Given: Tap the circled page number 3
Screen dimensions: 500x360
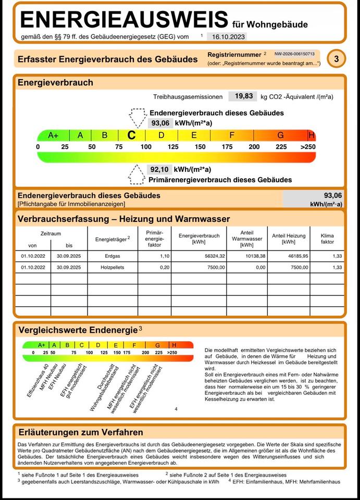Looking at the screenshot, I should pyautogui.click(x=337, y=59).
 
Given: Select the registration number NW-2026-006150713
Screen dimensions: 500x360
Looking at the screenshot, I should pyautogui.click(x=295, y=54).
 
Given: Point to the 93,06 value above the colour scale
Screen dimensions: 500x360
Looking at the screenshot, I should pyautogui.click(x=160, y=123).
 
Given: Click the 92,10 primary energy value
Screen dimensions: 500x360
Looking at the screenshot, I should pyautogui.click(x=160, y=169).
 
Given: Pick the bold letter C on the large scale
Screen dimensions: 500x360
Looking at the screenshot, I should pyautogui.click(x=132, y=135).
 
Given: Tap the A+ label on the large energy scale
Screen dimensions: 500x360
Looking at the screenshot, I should pyautogui.click(x=53, y=135).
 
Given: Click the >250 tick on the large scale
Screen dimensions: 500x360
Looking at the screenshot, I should pyautogui.click(x=308, y=147).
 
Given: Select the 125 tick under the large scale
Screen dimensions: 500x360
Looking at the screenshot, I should pyautogui.click(x=172, y=147).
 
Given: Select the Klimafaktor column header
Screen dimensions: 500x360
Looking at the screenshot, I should pyautogui.click(x=327, y=239).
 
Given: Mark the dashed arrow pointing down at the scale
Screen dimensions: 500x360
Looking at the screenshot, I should pyautogui.click(x=138, y=117).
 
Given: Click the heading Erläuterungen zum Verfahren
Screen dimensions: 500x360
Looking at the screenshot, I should pyautogui.click(x=81, y=432).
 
